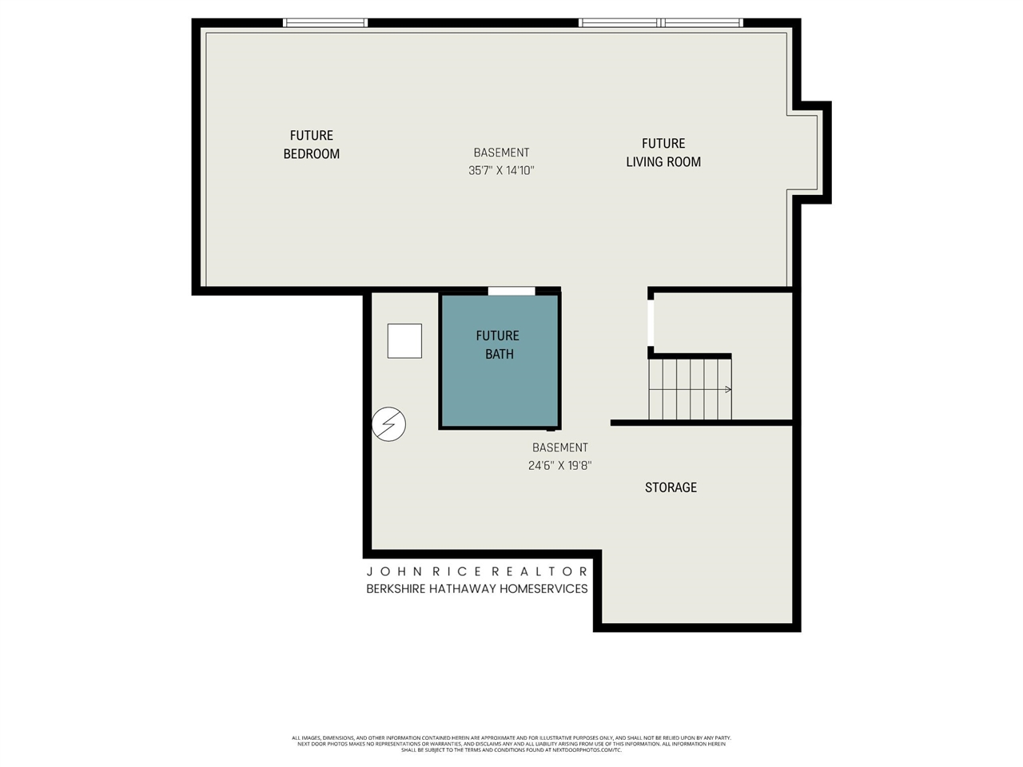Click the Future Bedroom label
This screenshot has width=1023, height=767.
tap(311, 145)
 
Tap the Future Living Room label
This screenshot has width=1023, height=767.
tap(663, 153)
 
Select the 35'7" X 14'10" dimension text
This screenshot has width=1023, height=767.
tap(501, 170)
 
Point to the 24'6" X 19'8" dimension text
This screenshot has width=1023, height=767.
tap(559, 466)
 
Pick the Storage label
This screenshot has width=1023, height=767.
tap(671, 487)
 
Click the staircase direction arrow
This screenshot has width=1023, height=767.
tap(726, 390)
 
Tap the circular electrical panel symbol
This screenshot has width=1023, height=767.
tap(389, 423)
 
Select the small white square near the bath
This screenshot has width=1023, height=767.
tap(404, 341)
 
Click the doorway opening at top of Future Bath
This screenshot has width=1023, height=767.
tap(511, 291)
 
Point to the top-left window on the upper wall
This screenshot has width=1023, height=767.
tap(325, 23)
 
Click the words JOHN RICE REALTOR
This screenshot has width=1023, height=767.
tap(477, 571)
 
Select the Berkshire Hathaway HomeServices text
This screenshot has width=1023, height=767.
tap(477, 589)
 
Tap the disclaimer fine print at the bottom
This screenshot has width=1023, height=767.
tap(511, 744)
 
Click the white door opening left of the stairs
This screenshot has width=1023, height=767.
tap(651, 322)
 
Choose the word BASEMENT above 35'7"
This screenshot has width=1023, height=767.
tap(501, 153)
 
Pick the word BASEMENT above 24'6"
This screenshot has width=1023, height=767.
tap(559, 447)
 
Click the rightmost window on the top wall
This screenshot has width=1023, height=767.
tap(703, 23)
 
